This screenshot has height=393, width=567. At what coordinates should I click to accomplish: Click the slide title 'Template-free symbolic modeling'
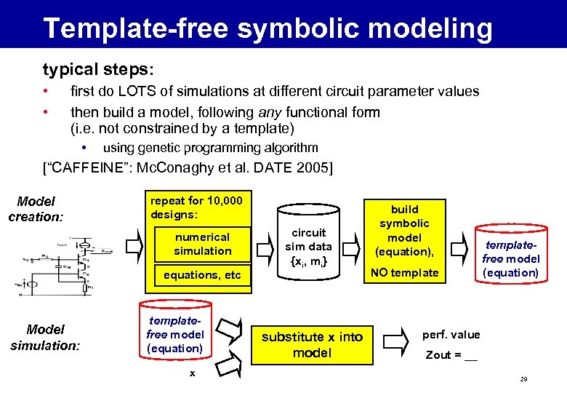tap(268, 28)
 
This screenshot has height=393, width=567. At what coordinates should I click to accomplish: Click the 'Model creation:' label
tap(36, 209)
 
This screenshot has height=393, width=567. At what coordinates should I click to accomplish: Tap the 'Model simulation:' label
tap(44, 337)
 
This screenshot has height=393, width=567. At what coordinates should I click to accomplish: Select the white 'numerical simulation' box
tap(202, 244)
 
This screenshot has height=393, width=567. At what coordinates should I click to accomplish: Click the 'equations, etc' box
tap(202, 275)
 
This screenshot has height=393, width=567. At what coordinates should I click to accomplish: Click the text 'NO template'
tap(405, 273)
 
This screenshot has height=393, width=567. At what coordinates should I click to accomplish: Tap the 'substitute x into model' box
tap(312, 344)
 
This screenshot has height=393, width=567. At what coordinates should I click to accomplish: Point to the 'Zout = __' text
tap(451, 355)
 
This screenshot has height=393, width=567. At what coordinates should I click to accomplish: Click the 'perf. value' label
tap(451, 335)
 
